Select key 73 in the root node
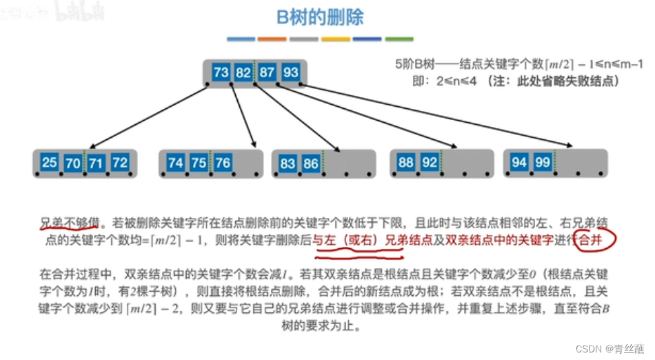[221, 72]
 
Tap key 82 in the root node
[243, 72]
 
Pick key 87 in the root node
[267, 72]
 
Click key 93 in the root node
[290, 72]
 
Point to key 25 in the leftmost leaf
[50, 163]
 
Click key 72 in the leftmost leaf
[119, 163]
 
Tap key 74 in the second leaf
[176, 163]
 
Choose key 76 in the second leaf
[221, 163]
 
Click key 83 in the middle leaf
[288, 164]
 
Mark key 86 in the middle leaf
[311, 164]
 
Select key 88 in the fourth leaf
[406, 163]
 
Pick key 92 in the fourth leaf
[430, 163]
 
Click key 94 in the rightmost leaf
[519, 163]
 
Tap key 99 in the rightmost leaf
[542, 163]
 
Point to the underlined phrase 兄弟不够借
[66, 223]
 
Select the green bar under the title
[399, 39]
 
